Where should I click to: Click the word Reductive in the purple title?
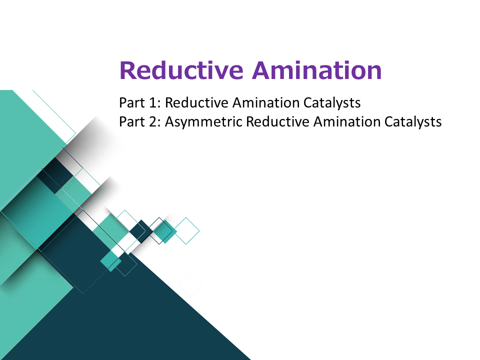pyautogui.click(x=181, y=70)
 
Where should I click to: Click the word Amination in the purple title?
pyautogui.click(x=317, y=70)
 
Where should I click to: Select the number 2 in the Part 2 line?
pyautogui.click(x=153, y=121)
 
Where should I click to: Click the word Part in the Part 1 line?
pyautogui.click(x=132, y=102)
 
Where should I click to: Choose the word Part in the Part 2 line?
pyautogui.click(x=132, y=121)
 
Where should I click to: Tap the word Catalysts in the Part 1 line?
pyautogui.click(x=332, y=103)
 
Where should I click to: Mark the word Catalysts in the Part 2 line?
pyautogui.click(x=413, y=122)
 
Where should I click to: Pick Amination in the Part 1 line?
pyautogui.click(x=265, y=102)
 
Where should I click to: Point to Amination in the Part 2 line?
pyautogui.click(x=347, y=121)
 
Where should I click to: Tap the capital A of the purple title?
pyautogui.click(x=261, y=70)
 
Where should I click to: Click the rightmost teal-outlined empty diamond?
pyautogui.click(x=186, y=231)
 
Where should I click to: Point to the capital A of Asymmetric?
pyautogui.click(x=170, y=121)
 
